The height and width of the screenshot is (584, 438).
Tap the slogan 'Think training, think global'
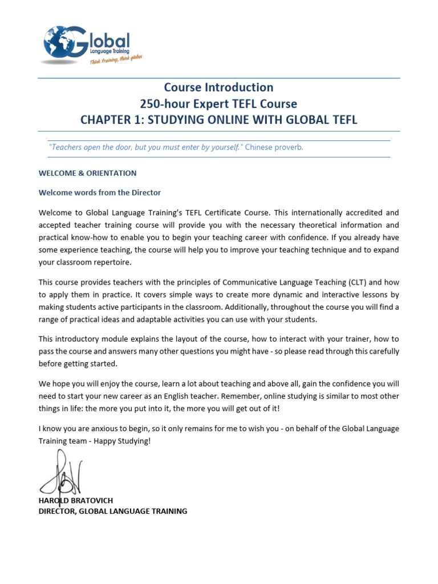116,61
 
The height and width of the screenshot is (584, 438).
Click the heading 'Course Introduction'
218,87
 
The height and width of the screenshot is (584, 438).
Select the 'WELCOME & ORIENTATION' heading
87,173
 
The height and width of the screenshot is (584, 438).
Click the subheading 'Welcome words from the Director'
100,192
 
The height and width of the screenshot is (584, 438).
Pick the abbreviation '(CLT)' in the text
357,282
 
